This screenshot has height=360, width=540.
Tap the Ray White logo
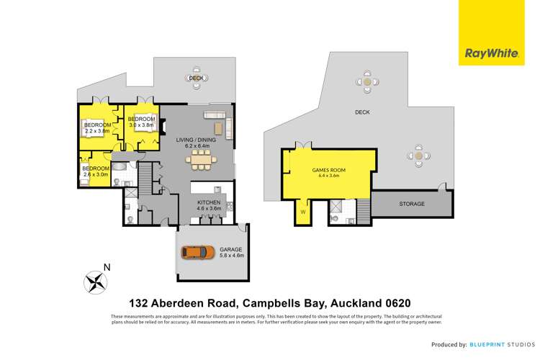click(x=485, y=52)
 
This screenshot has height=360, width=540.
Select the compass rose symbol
click(x=94, y=281)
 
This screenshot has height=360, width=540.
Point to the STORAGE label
click(x=413, y=204)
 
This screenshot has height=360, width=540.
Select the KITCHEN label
click(x=209, y=203)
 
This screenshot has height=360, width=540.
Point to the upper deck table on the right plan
click(x=368, y=83)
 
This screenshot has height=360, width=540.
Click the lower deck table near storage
click(x=418, y=154)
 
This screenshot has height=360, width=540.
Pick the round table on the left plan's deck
click(x=197, y=78)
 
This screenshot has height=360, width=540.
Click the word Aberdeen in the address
click(x=189, y=303)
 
